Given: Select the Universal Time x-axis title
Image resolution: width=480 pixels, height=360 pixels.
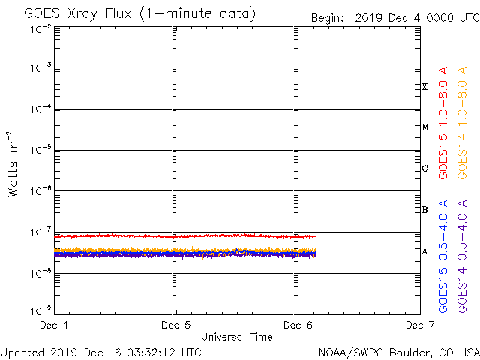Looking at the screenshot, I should (236, 337).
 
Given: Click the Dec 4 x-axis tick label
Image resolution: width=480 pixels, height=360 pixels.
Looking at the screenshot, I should (54, 325).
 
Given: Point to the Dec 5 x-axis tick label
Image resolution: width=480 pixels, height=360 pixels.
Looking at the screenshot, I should (176, 325).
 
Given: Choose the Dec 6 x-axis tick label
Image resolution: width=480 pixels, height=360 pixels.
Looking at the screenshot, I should (298, 325).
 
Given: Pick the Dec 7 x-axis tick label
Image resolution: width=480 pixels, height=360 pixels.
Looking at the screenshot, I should (418, 325).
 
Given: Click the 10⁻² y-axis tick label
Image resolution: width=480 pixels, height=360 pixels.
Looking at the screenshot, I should (40, 28).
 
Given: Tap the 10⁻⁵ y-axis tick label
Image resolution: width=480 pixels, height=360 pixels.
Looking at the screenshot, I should (40, 151).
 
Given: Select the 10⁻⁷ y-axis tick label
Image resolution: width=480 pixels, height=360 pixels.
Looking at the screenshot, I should (40, 232).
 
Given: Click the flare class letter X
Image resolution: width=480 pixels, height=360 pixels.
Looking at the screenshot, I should (424, 87).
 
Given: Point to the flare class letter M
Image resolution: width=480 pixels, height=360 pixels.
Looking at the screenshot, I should (424, 127).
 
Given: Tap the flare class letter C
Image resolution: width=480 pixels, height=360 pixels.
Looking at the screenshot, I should (424, 169).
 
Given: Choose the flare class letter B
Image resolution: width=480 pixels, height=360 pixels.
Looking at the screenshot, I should (424, 210).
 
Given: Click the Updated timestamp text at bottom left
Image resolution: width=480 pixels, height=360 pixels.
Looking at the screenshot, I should (100, 352).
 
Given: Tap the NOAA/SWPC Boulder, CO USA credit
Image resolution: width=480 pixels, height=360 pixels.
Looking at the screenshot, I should (398, 352).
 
